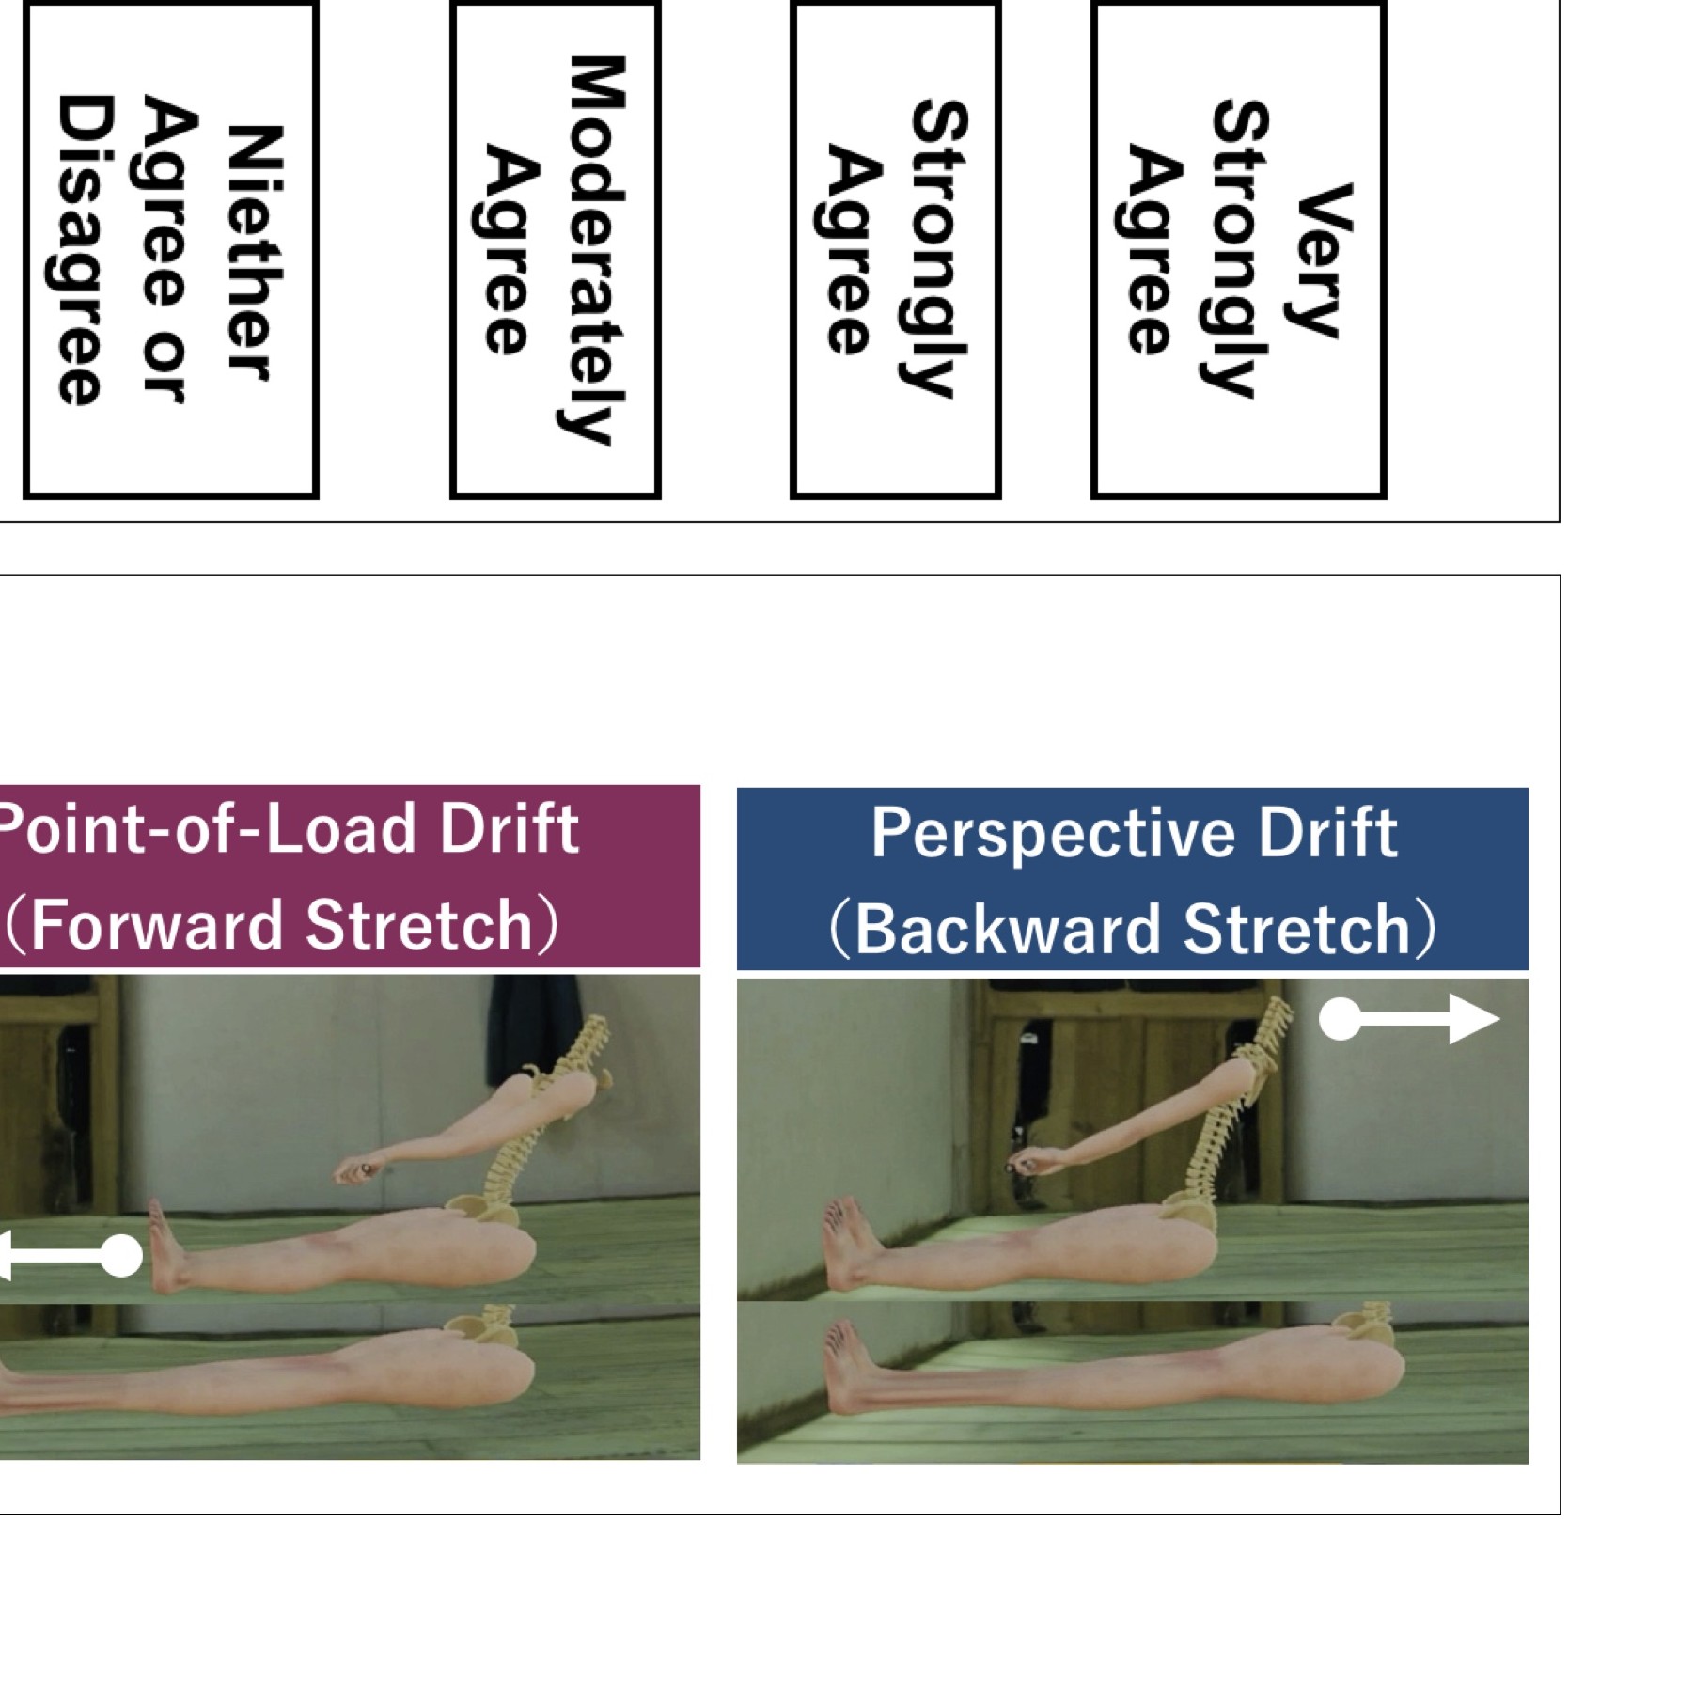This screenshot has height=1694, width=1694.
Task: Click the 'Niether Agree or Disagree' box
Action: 170,249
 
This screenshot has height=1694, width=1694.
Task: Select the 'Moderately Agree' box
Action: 555,249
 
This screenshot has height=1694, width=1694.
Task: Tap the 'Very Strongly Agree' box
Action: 1238,249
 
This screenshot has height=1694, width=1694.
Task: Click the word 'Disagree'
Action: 83,249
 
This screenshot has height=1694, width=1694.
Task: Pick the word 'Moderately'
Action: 594,249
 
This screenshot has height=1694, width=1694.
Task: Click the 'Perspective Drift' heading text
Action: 1134,833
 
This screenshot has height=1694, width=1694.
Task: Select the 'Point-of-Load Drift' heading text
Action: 288,828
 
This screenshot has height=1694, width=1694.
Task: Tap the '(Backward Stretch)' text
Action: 1133,929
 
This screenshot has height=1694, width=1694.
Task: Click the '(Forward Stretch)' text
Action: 282,925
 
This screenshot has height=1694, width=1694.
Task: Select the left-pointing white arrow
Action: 71,1256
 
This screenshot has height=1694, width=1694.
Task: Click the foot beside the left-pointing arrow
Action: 169,1246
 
